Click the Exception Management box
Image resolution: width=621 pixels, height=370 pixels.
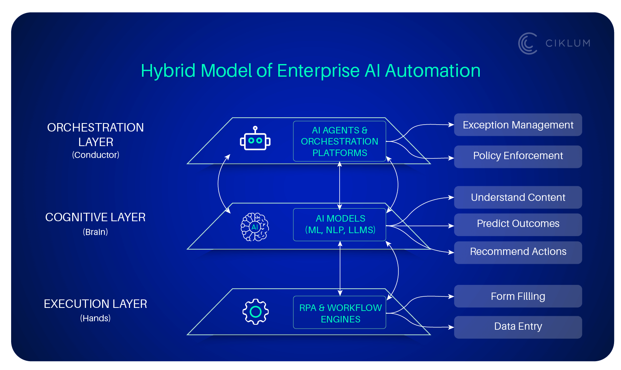[517, 125]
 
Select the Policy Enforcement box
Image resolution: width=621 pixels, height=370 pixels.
[517, 156]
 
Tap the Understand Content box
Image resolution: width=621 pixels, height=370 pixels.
[517, 197]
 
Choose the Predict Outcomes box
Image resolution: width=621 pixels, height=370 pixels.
[517, 224]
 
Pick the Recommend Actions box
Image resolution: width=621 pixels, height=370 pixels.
[517, 252]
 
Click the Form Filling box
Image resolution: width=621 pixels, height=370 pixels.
[517, 296]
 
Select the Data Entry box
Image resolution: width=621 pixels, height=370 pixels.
[517, 327]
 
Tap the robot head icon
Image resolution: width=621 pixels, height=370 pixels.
[255, 139]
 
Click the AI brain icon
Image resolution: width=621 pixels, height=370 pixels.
[254, 227]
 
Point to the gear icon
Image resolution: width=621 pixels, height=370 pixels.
[255, 312]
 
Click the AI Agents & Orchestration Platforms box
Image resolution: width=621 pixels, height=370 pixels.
[339, 141]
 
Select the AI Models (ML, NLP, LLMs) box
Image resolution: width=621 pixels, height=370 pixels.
[339, 225]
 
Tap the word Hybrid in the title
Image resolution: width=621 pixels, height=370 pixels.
[168, 71]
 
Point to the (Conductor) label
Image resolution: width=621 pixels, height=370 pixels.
[96, 155]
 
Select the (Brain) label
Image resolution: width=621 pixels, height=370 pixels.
[95, 232]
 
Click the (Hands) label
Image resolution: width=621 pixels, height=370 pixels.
[95, 318]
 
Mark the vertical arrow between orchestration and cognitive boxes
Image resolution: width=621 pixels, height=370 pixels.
[339, 186]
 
